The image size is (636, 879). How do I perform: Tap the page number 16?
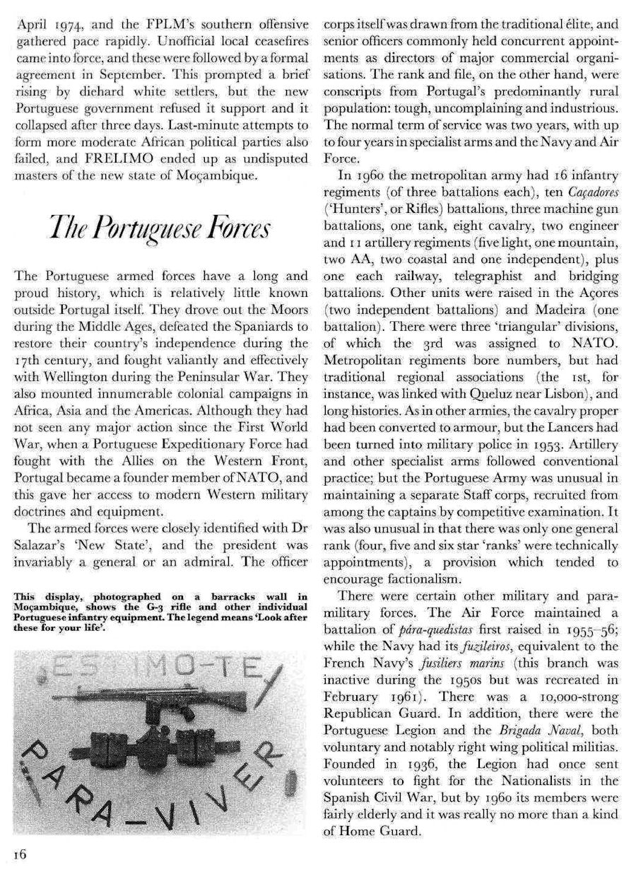coord(19,854)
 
